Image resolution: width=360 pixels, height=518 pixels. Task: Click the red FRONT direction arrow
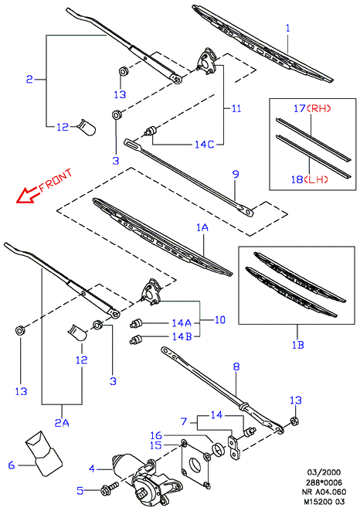tap(27, 195)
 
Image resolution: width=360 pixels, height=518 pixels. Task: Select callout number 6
tap(12, 465)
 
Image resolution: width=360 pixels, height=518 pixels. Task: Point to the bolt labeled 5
tap(110, 488)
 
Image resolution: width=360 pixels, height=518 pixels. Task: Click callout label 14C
tap(204, 145)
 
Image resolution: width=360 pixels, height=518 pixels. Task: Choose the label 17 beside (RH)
tap(299, 108)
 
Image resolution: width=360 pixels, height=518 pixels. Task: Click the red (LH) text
tap(316, 179)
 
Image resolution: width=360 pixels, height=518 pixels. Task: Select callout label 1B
tap(297, 345)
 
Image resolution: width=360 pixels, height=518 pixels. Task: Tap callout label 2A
tap(62, 423)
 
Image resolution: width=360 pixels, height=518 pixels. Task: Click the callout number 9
tap(236, 174)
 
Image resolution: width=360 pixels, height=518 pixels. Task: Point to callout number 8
tap(236, 366)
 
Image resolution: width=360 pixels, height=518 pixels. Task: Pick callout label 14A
tap(182, 322)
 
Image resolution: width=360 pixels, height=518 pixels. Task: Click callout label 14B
tap(182, 336)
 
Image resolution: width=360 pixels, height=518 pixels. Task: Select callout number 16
tap(156, 435)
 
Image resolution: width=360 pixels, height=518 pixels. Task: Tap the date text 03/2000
tap(324, 472)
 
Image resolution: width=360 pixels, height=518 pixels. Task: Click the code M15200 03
tap(324, 502)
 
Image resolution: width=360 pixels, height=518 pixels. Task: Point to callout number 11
tap(236, 108)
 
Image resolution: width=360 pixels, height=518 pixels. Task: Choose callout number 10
tap(219, 320)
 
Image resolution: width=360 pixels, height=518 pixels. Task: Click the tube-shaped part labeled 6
tap(43, 453)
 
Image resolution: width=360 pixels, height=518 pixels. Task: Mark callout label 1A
tap(202, 227)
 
